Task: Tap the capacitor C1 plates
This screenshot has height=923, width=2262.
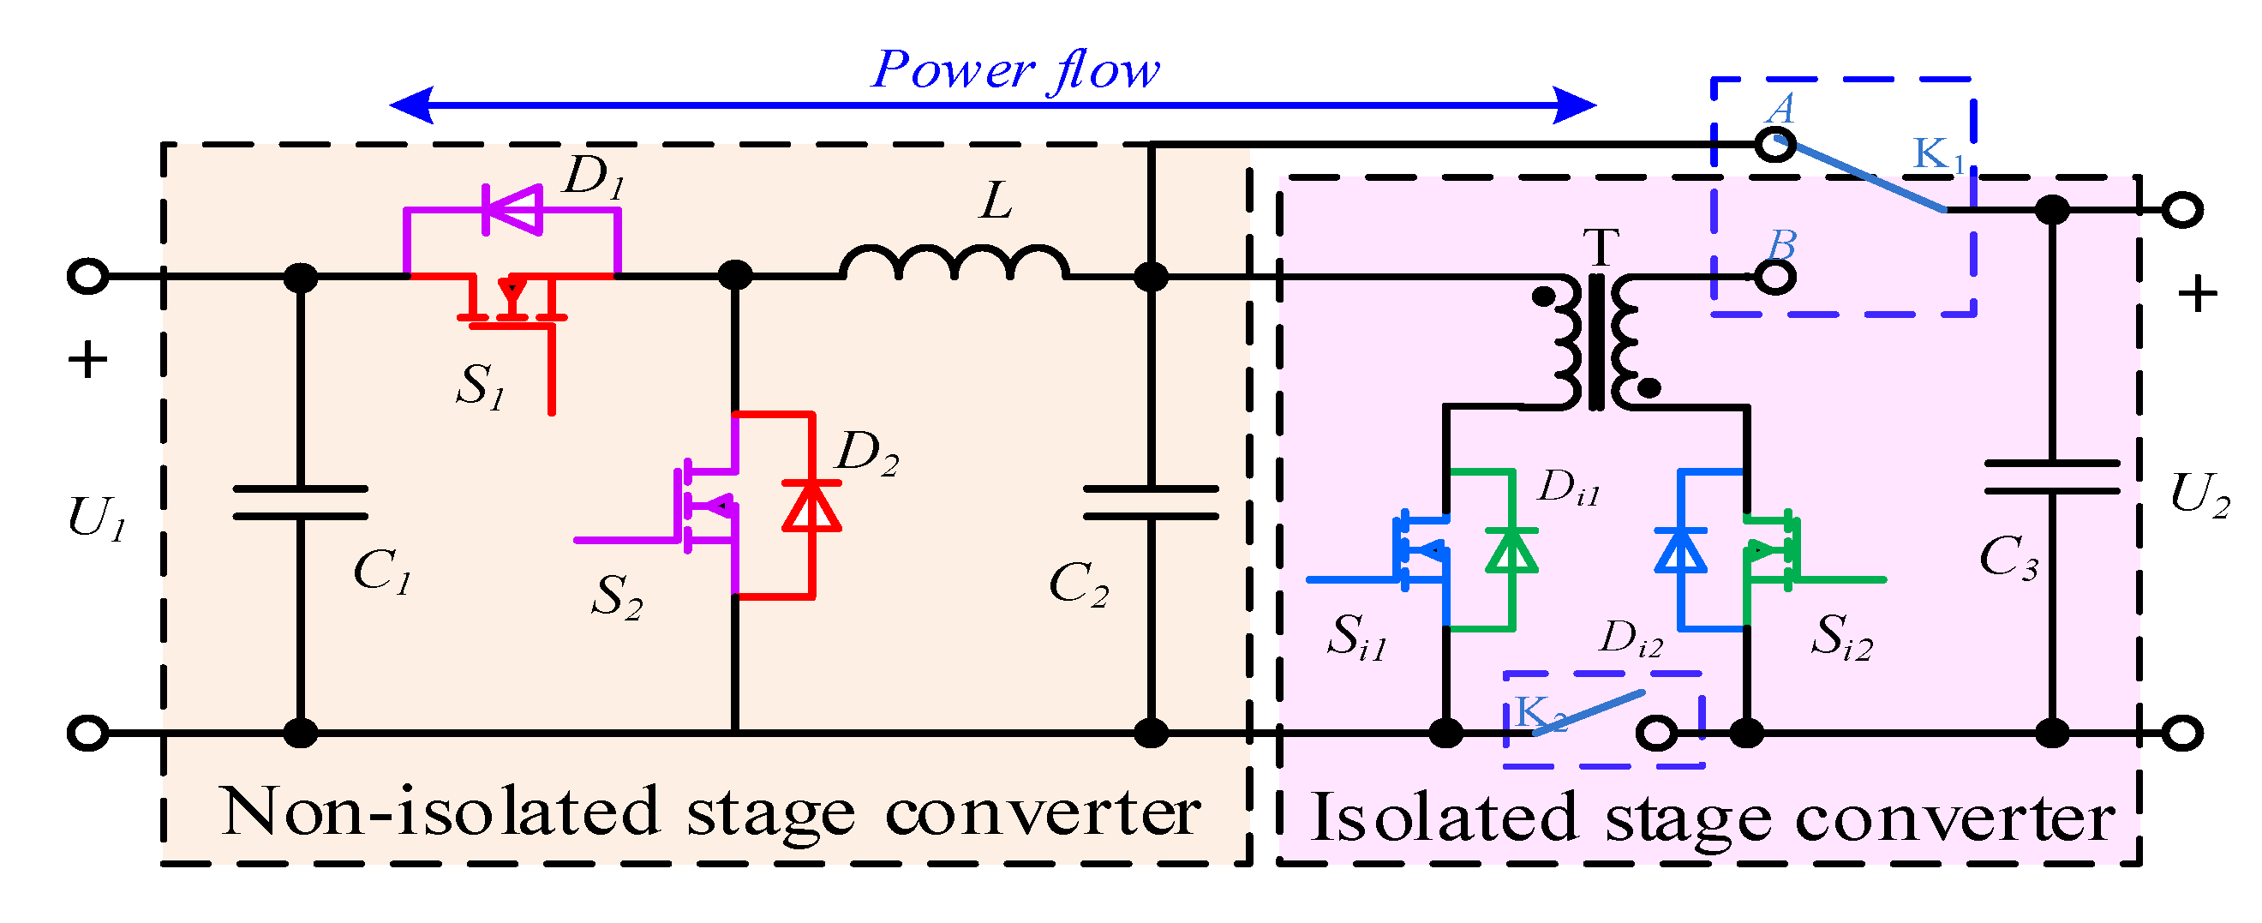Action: coord(300,502)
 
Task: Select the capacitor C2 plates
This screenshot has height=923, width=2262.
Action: coord(1151,502)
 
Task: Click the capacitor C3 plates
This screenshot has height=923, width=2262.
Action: coord(2051,476)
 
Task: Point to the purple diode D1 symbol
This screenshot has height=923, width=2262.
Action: coord(512,209)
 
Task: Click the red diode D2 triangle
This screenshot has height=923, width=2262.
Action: coord(811,506)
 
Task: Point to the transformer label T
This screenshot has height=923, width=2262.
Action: coord(1600,249)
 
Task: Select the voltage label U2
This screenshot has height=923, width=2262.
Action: coord(2199,494)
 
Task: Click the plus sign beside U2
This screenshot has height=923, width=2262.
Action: coord(2197,294)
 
